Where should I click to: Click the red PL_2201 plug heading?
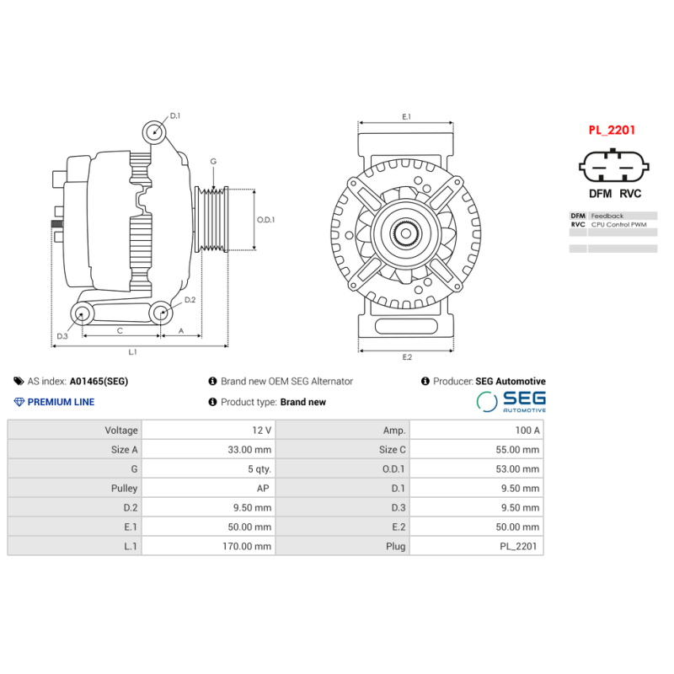[612, 131]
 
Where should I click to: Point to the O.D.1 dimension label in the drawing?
[265, 220]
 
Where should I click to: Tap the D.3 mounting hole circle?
[82, 314]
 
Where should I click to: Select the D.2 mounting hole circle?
[161, 313]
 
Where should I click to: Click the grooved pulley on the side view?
[212, 219]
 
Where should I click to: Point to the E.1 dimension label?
[406, 116]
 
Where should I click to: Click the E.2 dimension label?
[406, 357]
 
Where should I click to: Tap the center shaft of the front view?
[406, 233]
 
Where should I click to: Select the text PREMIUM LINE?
[61, 402]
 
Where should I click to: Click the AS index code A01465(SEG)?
[99, 382]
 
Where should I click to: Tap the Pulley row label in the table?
[124, 488]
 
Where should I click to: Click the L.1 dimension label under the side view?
[133, 351]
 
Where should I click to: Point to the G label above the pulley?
[213, 161]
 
